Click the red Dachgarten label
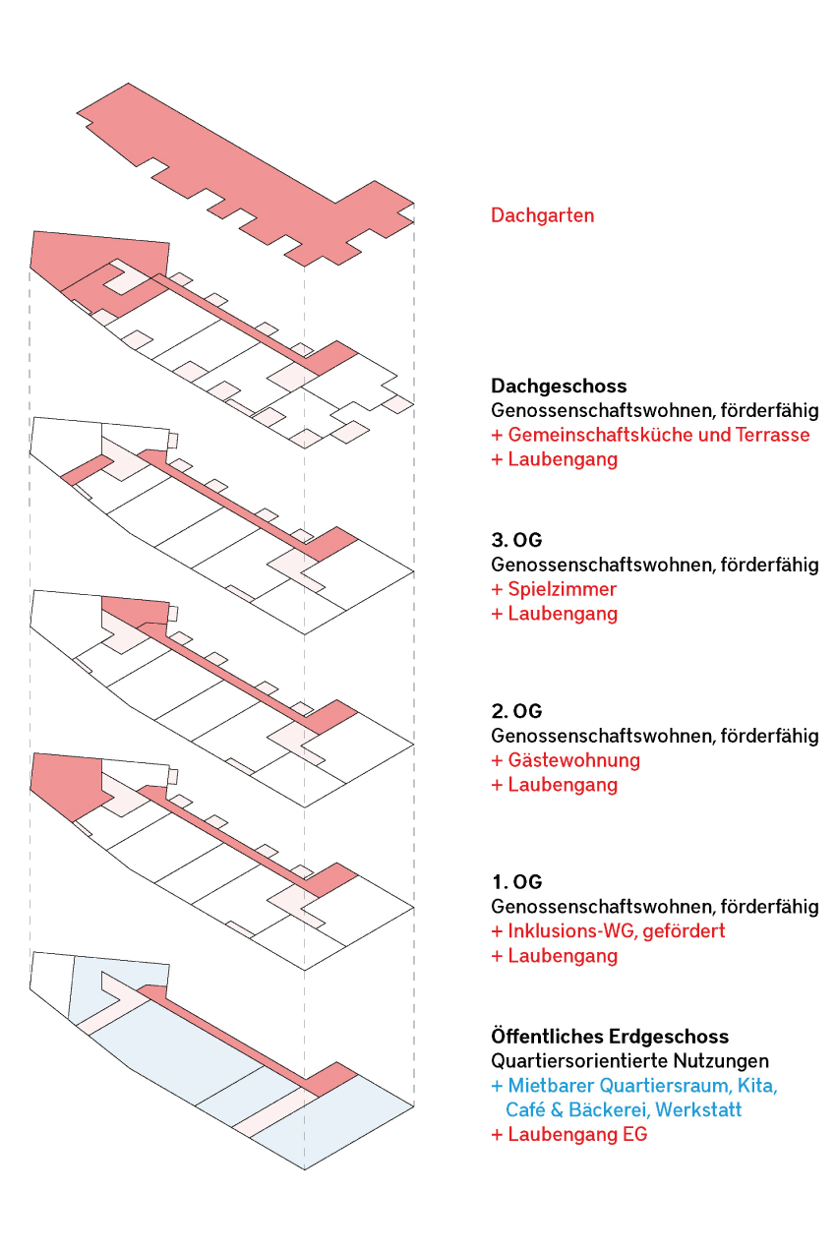click(542, 215)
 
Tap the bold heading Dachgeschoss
click(559, 386)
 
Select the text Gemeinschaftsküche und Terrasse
click(658, 435)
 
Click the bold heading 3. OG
click(516, 540)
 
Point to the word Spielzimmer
click(562, 589)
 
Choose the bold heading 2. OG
click(516, 711)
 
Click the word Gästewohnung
click(573, 760)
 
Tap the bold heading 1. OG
click(516, 882)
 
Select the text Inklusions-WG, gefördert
click(617, 930)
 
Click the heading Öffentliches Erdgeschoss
click(610, 1037)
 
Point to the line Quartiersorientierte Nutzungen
click(629, 1061)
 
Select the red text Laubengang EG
click(577, 1134)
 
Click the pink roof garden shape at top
click(252, 179)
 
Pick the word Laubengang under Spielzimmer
click(563, 614)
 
